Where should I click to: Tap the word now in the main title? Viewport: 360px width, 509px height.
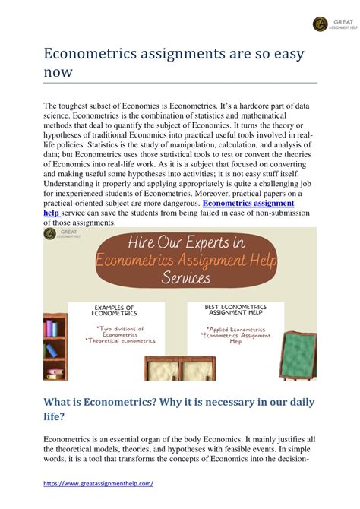(58, 72)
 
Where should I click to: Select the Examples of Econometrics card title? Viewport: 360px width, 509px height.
(115, 311)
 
